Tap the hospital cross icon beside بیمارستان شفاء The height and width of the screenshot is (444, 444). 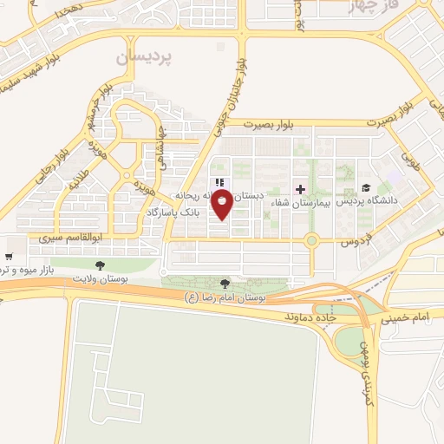click(x=300, y=188)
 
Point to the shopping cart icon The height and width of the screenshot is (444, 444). click(x=9, y=257)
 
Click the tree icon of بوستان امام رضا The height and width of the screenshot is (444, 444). click(x=225, y=284)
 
